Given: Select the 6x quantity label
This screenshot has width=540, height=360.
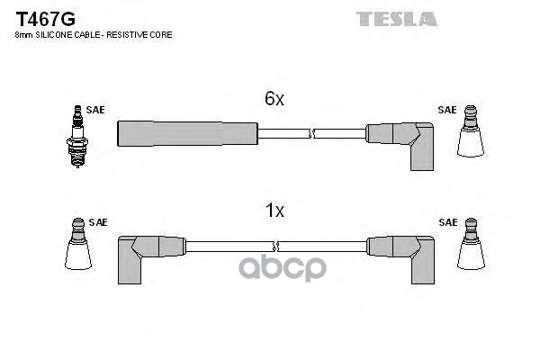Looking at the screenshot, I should click(x=274, y=100).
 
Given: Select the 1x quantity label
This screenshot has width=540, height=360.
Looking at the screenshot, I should click(x=274, y=211).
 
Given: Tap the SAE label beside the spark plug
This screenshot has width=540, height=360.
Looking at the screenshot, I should click(x=96, y=110).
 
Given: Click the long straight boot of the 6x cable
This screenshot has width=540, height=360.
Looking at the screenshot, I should click(x=187, y=134).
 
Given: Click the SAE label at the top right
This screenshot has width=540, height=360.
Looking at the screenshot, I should click(x=446, y=110).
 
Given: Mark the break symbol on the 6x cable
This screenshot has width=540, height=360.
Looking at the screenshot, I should click(x=311, y=134).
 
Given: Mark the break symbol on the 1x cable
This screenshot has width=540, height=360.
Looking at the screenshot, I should click(x=275, y=245).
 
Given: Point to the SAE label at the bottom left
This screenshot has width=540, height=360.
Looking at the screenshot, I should click(x=97, y=221).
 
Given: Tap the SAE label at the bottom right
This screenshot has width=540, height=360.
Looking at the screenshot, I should click(x=446, y=221).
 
